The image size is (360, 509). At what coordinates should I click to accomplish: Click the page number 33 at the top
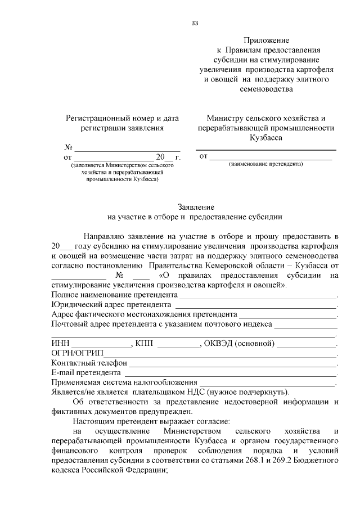click(195, 23)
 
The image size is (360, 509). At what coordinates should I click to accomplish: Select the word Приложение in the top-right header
click(266, 40)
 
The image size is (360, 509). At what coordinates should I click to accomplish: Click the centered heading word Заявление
click(195, 207)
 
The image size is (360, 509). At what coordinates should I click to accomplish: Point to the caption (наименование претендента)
click(265, 164)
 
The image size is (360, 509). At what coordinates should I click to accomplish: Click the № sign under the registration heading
click(69, 147)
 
